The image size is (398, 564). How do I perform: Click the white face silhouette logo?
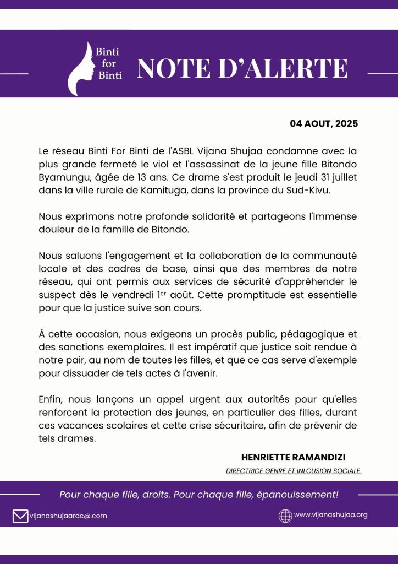(81, 69)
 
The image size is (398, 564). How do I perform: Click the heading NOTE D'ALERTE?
(242, 68)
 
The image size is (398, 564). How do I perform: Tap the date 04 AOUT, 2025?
(324, 123)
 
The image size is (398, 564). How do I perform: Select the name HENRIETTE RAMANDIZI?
(293, 457)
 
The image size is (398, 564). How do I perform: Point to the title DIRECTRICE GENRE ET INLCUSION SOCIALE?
(294, 471)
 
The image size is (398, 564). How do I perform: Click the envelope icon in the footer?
(20, 516)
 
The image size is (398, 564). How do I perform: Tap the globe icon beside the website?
(285, 516)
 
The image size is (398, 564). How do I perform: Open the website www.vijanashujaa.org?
(330, 515)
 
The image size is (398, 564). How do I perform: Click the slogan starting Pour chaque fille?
(198, 495)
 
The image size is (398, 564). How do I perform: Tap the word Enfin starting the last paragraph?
(50, 398)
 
